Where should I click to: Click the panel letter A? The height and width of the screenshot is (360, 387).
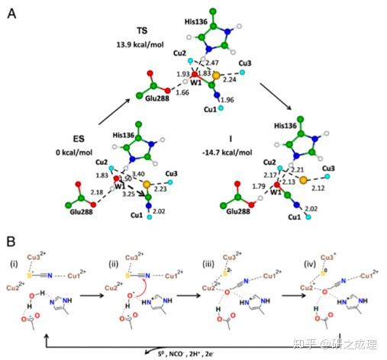(12, 13)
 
